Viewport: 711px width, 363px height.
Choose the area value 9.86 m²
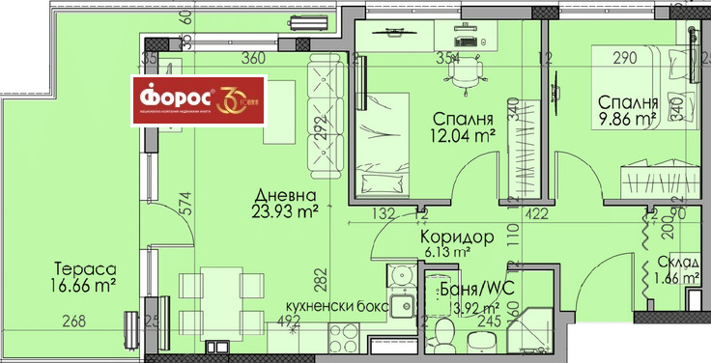[x=627, y=121]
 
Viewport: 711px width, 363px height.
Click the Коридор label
[x=457, y=236]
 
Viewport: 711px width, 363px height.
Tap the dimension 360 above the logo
[x=253, y=58]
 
